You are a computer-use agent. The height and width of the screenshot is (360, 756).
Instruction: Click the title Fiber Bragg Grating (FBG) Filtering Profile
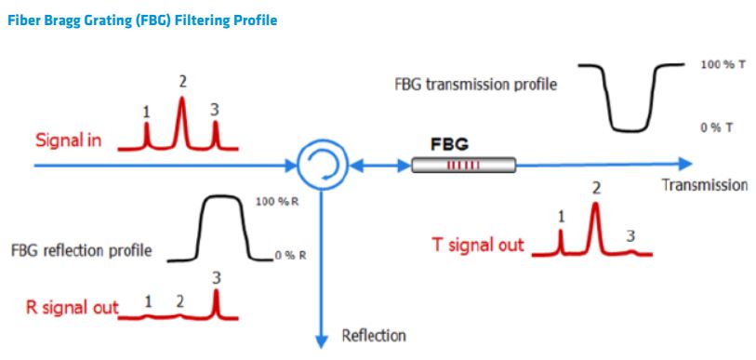(143, 21)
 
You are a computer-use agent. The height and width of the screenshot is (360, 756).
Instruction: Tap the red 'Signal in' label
(69, 140)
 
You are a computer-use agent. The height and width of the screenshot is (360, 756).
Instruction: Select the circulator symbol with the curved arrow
(322, 165)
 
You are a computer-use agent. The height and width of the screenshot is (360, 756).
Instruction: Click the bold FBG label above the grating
(449, 144)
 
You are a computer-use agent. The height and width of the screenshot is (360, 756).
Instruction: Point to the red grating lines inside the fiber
(463, 166)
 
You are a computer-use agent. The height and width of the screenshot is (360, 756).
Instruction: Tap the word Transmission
(705, 185)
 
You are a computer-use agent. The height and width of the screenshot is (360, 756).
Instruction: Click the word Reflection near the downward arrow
(374, 335)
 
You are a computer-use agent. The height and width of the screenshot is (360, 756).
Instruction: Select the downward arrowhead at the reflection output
(322, 340)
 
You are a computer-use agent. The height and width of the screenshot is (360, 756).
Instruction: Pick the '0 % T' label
(717, 127)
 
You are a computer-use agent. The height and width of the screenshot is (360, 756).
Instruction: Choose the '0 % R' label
(290, 256)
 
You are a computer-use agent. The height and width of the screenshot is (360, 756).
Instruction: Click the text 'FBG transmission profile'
(476, 85)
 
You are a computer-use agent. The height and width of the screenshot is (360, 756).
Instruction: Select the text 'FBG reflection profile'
(82, 251)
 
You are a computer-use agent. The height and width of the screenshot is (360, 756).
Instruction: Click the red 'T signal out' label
(477, 246)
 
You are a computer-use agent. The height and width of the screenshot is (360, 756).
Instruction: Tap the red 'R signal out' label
(73, 307)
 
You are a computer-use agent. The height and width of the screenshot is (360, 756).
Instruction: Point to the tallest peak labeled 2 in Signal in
(181, 121)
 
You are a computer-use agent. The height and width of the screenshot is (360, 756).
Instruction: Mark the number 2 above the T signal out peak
(596, 189)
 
